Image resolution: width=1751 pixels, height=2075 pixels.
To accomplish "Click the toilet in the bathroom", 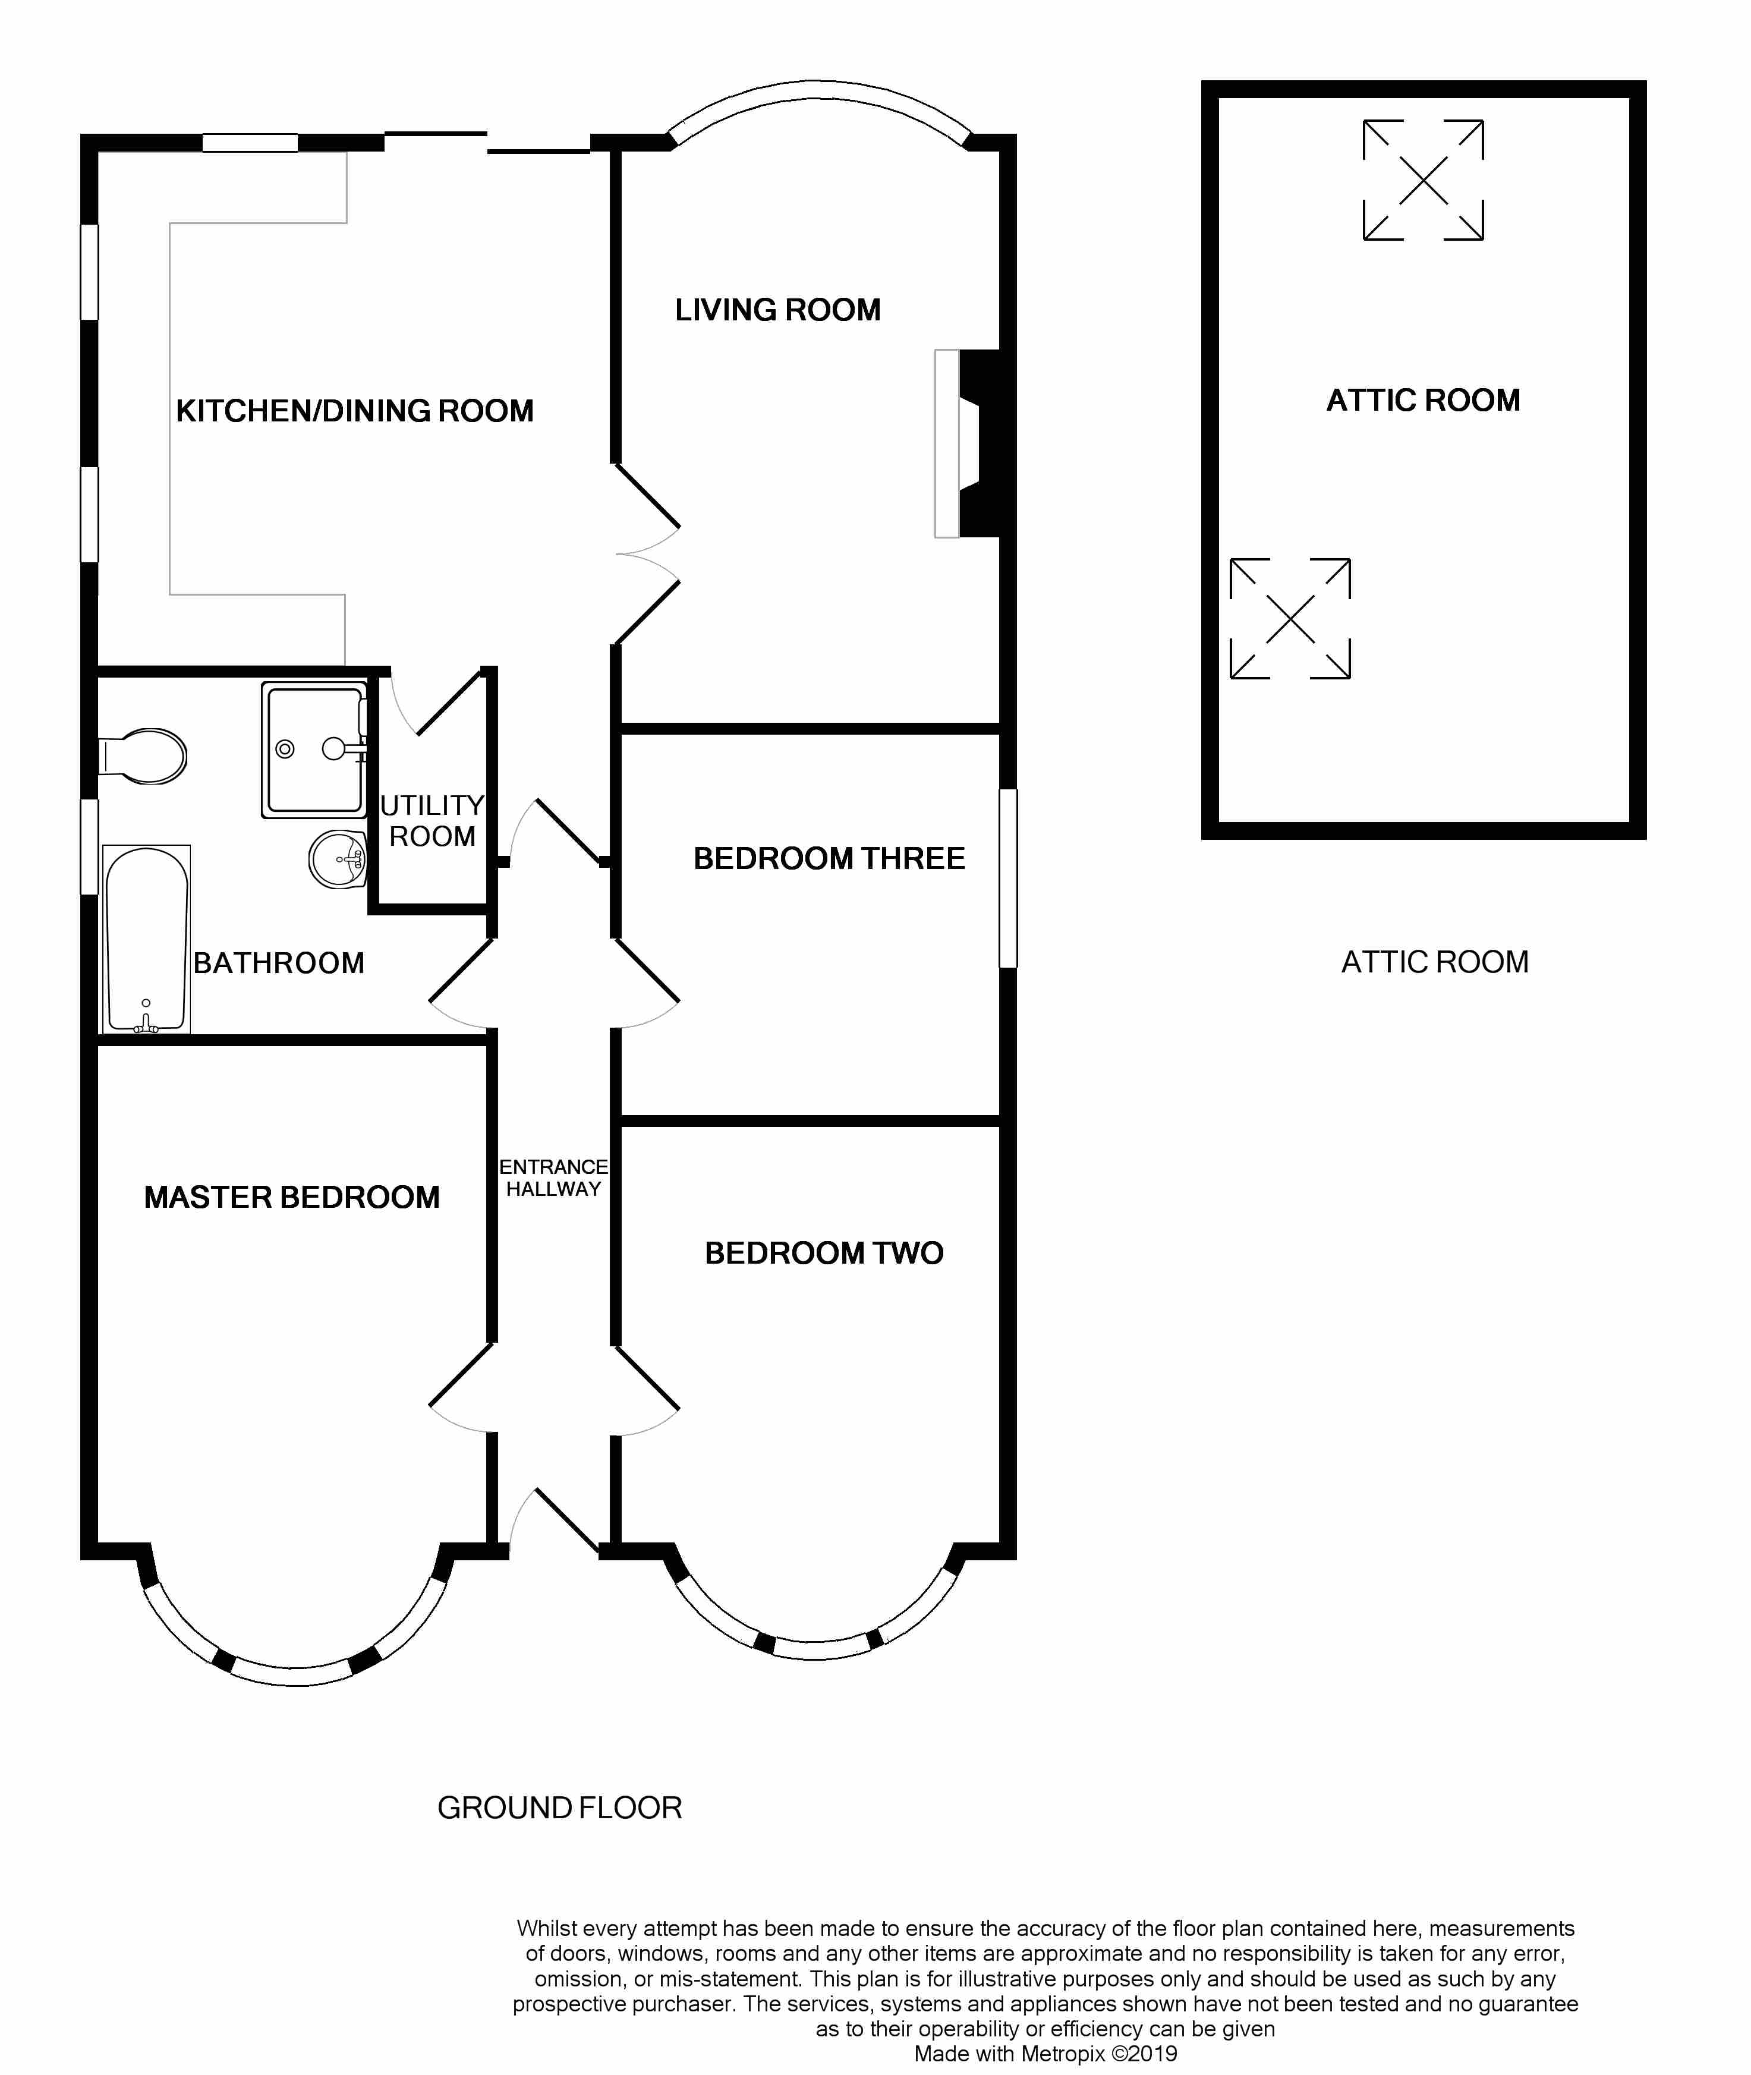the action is (x=144, y=757).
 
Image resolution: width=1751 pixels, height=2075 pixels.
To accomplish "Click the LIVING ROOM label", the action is (x=778, y=310).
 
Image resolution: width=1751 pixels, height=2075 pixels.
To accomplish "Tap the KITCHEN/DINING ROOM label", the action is (x=354, y=411).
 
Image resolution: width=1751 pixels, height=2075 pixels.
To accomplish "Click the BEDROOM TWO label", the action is (x=824, y=1253).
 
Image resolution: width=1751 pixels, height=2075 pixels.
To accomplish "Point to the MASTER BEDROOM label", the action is (x=292, y=1197).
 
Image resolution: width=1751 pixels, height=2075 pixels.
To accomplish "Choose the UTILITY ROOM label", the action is (x=433, y=820).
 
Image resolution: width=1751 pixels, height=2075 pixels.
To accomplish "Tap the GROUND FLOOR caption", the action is (x=560, y=1808).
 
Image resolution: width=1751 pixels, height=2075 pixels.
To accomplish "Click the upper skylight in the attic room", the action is (x=1424, y=180).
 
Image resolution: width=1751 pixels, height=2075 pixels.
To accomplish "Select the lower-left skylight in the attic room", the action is (x=1290, y=619).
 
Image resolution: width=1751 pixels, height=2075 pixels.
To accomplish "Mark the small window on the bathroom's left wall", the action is (x=89, y=847).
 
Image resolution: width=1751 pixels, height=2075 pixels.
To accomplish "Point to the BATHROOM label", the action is (x=279, y=963).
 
